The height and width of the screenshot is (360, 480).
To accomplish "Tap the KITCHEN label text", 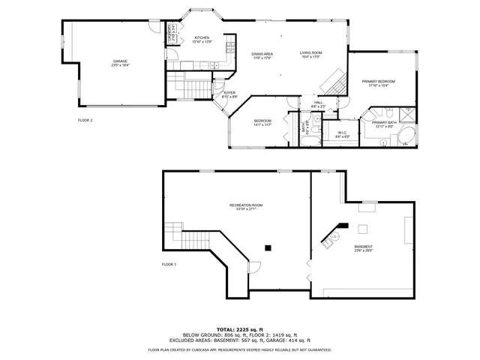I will tap(202, 37).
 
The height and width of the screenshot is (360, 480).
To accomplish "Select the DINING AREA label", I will tap(262, 54).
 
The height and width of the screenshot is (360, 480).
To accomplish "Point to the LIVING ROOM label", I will tap(310, 53).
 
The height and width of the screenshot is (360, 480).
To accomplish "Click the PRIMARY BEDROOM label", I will tap(379, 80).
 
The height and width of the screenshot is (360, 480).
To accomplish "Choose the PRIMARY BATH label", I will tap(383, 121).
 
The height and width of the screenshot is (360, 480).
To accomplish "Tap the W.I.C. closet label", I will tap(342, 133).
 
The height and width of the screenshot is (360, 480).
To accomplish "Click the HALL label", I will tap(318, 103).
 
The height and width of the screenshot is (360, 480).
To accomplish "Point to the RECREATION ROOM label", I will tap(246, 205).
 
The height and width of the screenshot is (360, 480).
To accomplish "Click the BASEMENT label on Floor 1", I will tap(363, 246).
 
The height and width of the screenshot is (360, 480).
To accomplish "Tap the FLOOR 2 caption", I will tap(85, 120).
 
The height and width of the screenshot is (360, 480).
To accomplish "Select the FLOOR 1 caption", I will tap(169, 264).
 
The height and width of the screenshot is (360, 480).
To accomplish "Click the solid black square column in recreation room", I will tap(267, 247).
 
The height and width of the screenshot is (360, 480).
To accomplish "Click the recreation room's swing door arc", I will tap(255, 266).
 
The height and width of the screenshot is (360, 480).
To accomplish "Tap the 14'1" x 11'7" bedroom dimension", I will tap(262, 125).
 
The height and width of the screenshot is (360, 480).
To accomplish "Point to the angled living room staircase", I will tap(338, 79).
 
